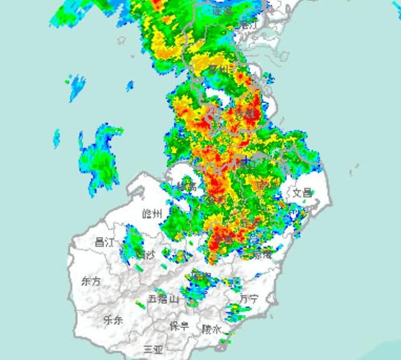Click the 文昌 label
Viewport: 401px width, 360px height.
click(302, 193)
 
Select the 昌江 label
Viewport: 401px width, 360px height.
click(104, 242)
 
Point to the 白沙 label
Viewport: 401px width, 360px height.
click(145, 255)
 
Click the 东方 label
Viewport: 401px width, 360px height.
click(91, 282)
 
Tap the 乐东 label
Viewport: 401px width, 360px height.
click(113, 320)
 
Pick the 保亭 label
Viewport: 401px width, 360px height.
click(179, 326)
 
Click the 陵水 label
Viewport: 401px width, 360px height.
click(211, 329)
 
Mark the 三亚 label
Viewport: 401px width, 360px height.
click(153, 349)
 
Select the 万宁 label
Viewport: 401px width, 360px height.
click(249, 299)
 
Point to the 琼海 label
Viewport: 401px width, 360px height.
click(263, 255)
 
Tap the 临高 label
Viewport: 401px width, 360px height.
click(185, 186)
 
